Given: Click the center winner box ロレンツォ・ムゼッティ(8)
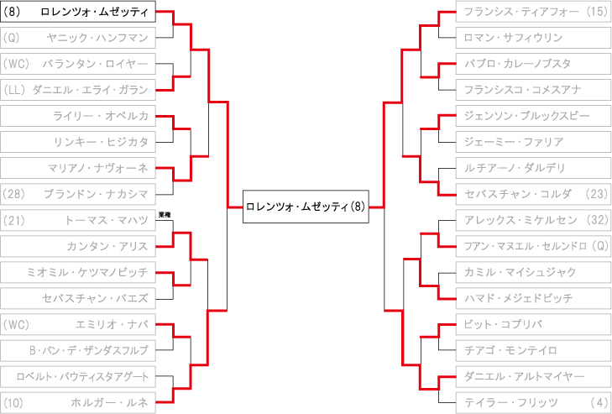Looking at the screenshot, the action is point(306,207).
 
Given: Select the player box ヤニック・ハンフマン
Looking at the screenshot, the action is point(78,38).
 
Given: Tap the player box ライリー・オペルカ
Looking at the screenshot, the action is point(78,116).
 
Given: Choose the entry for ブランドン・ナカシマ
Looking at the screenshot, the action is point(78,194).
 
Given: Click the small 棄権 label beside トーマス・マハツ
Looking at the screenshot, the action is point(165,215).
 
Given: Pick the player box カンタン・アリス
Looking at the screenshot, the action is point(78,246).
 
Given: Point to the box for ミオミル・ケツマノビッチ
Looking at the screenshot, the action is point(78,272).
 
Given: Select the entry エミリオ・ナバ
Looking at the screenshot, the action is point(78,324).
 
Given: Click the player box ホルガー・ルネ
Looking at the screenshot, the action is point(78,403).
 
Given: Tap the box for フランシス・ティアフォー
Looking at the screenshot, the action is point(533,11).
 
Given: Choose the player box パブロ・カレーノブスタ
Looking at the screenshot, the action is point(533,64).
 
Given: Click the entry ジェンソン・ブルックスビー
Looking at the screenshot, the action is point(533,116).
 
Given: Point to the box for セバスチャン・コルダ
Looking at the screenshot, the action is point(533,194).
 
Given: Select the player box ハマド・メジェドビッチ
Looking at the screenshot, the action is point(533,298).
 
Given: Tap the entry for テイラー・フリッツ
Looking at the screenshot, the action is point(533,403).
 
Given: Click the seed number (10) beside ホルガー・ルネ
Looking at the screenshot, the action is point(13,403).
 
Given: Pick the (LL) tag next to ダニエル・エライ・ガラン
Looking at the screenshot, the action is point(14,90).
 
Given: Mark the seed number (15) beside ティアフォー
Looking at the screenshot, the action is point(598,11).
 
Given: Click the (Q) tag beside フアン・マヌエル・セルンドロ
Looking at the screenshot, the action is point(600,246).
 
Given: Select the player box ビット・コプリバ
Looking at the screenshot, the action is point(533,324).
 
